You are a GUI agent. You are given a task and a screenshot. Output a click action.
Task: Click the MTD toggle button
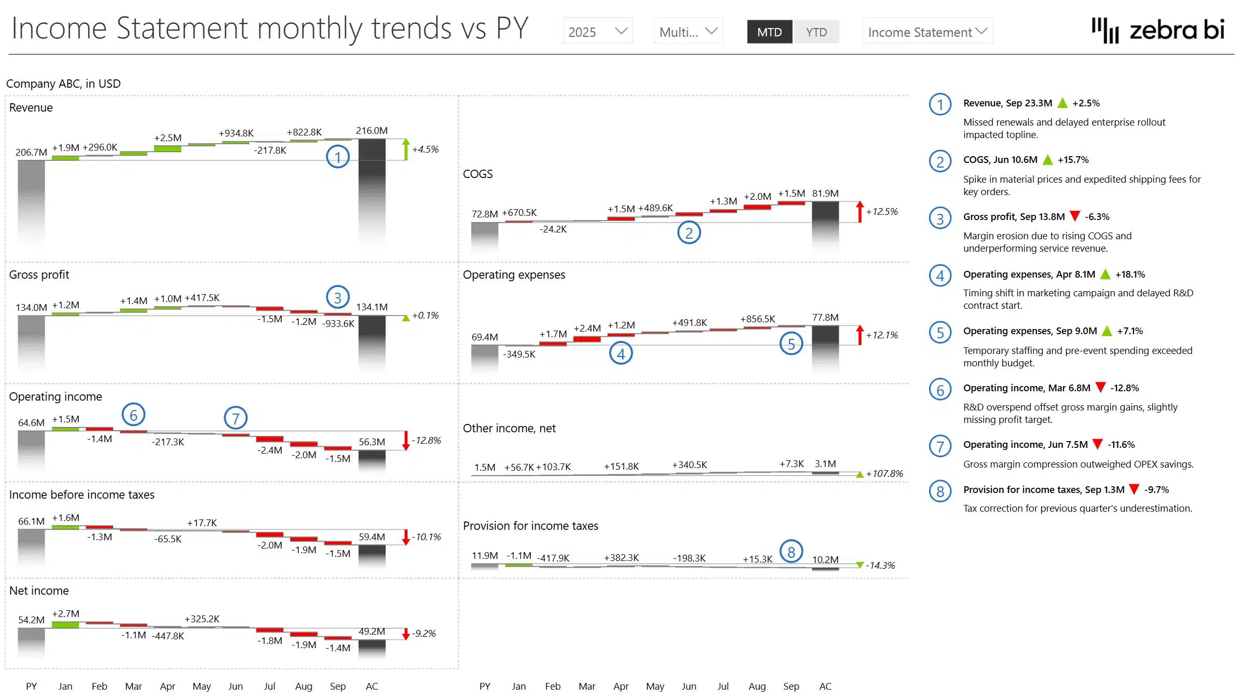[769, 32]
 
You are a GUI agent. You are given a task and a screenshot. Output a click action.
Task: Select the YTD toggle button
[816, 32]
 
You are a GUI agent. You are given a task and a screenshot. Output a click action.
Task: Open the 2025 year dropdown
[597, 32]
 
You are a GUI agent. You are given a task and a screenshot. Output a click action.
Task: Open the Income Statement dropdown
[927, 32]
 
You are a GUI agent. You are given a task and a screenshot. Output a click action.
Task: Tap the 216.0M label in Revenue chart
[372, 131]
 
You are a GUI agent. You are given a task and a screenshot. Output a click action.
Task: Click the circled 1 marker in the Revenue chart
[337, 157]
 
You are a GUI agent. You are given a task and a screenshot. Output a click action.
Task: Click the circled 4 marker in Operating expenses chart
[621, 354]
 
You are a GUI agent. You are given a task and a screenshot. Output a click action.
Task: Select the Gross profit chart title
[39, 275]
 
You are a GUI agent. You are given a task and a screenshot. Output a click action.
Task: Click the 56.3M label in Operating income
[372, 442]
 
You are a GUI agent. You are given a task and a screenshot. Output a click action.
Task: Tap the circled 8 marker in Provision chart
[791, 552]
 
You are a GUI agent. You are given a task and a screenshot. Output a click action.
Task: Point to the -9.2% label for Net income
[424, 634]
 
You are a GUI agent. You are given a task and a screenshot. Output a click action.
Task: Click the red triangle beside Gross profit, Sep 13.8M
[1075, 216]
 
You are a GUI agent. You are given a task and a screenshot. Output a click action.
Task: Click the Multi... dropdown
[688, 32]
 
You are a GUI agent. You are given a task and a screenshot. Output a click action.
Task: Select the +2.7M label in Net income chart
[66, 614]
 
